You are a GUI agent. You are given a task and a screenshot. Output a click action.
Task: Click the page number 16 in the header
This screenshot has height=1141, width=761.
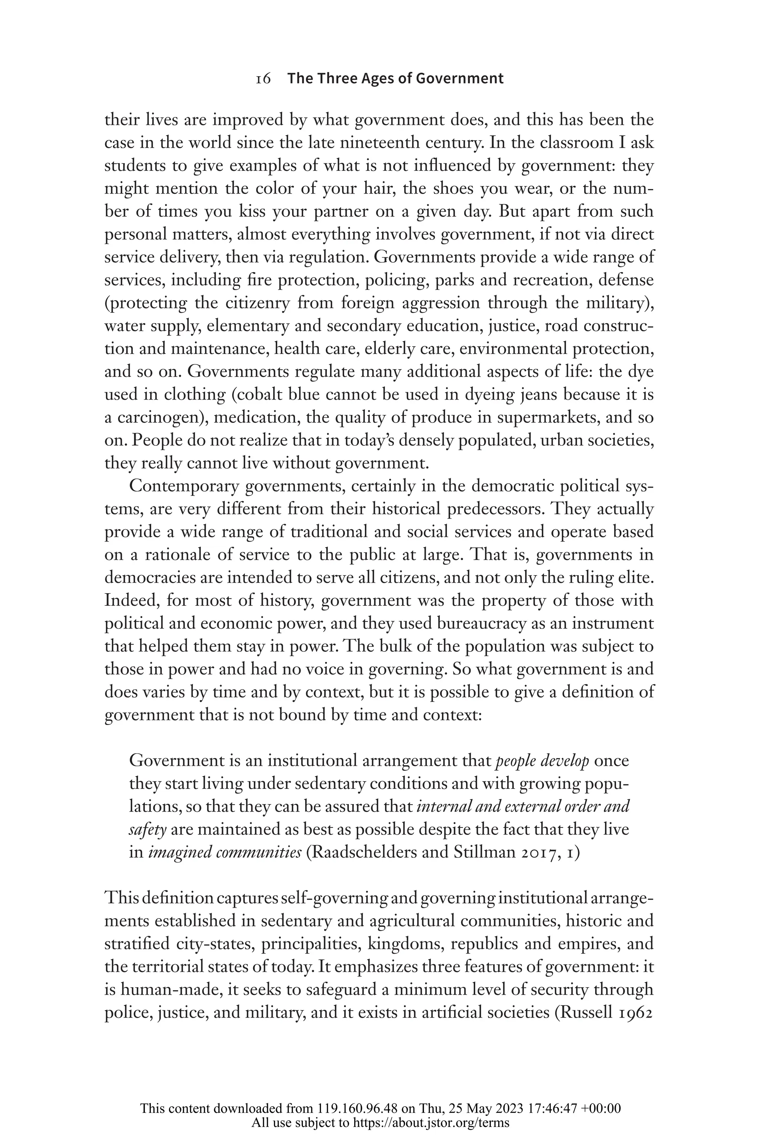click(x=263, y=79)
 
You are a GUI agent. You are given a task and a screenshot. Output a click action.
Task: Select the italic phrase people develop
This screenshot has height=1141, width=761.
click(x=542, y=761)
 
